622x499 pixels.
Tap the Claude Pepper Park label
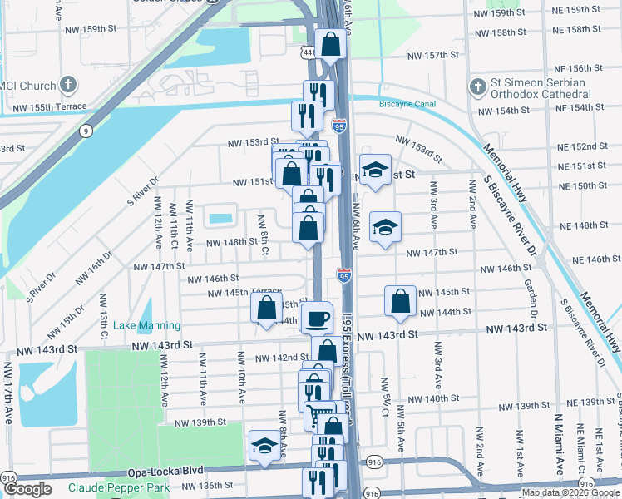[119, 487]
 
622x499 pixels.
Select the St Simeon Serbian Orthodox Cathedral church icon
[478, 86]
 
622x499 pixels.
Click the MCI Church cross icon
[68, 86]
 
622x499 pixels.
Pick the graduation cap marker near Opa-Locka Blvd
[264, 446]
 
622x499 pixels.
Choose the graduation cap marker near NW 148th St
[385, 229]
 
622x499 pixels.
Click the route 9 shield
[87, 131]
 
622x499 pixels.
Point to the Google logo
[27, 489]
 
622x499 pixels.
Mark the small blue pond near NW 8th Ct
[221, 219]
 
